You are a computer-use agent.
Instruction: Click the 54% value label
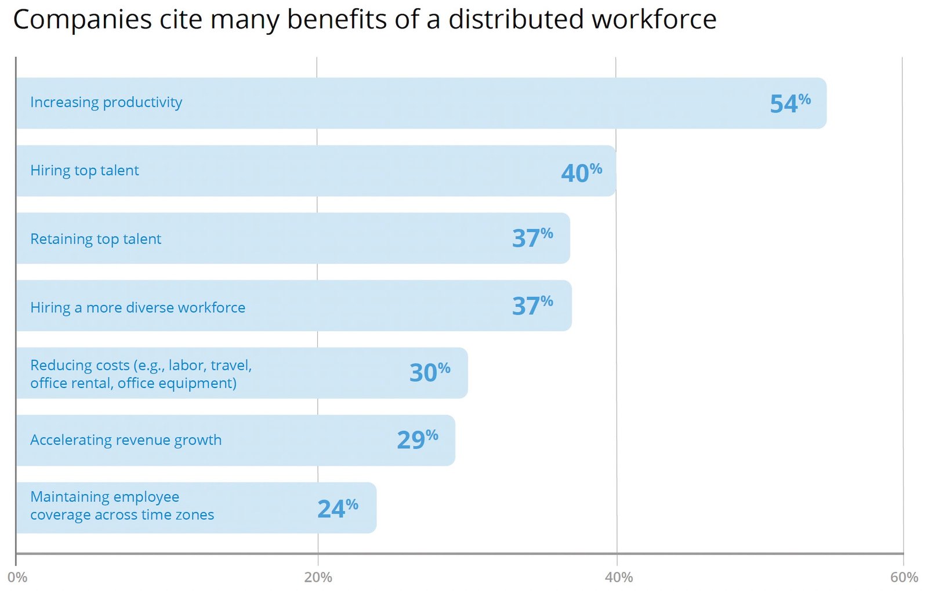tap(789, 103)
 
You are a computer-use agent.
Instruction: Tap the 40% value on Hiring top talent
tap(581, 172)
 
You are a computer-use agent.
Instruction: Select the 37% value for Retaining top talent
tap(532, 238)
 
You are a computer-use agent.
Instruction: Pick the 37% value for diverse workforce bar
tap(532, 306)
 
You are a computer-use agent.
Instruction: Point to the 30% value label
tap(430, 372)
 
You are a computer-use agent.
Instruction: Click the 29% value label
tap(417, 440)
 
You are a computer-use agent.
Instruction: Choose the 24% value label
tap(338, 509)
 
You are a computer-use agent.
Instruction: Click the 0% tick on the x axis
tap(17, 577)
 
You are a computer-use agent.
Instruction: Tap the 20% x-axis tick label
tap(318, 577)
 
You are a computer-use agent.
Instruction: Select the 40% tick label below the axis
tap(618, 577)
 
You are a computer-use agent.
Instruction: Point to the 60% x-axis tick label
tap(904, 577)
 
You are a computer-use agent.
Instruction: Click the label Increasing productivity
tap(106, 103)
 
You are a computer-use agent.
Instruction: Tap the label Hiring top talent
tap(85, 171)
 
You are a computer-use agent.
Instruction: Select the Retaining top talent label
tap(96, 239)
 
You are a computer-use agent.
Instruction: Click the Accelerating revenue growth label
tap(126, 440)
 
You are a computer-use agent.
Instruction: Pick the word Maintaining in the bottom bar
tap(67, 497)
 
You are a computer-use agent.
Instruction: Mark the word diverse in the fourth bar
tap(150, 307)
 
